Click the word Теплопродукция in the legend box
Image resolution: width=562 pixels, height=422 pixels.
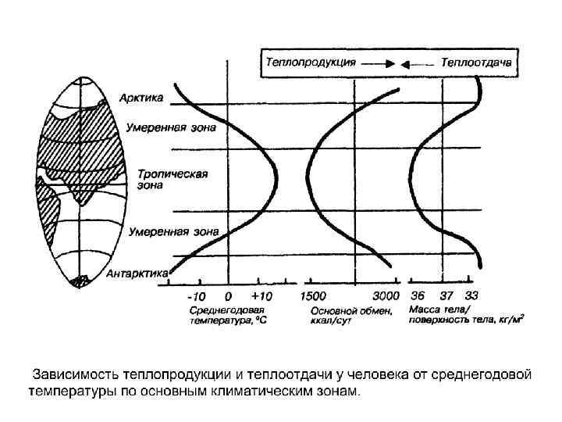tap(311, 61)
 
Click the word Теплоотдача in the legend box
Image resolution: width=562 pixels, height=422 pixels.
tap(476, 61)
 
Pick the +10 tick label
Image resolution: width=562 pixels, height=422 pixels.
tap(261, 297)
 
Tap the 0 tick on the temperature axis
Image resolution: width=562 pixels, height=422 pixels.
tap(228, 297)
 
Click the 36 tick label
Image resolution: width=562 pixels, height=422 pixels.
tap(418, 297)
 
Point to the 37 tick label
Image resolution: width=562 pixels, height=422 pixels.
tap(446, 297)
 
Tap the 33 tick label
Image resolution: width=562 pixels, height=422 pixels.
tap(471, 297)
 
